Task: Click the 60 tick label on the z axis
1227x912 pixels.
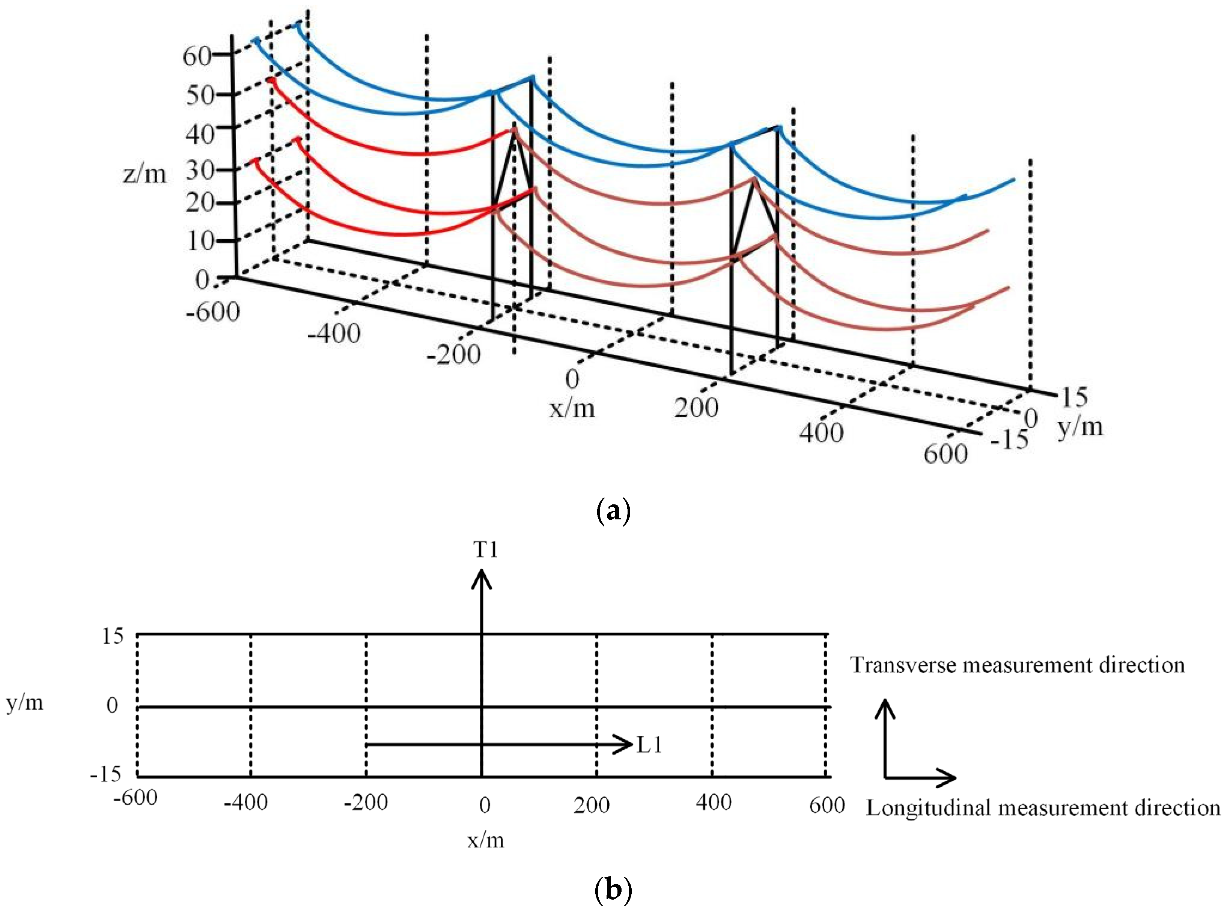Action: click(197, 56)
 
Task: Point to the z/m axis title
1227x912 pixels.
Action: click(144, 174)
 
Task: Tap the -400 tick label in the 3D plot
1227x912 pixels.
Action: click(334, 333)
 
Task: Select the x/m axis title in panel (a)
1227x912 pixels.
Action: click(572, 408)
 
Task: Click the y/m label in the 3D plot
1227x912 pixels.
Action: click(1080, 427)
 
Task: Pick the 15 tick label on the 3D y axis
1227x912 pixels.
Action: click(1074, 396)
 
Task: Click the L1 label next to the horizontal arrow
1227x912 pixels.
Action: click(649, 745)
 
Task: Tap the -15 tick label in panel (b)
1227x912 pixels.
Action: click(105, 774)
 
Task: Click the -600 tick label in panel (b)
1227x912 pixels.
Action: click(135, 798)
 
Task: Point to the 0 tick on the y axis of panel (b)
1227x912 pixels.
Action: click(112, 705)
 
